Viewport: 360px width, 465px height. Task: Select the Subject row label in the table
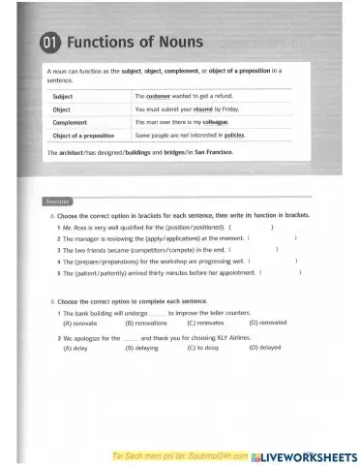tap(63, 98)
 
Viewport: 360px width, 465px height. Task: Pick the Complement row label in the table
tap(70, 123)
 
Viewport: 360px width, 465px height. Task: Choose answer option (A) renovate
tap(80, 323)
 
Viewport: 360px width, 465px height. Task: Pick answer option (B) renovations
tap(147, 323)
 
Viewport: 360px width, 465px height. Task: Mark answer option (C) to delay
tap(203, 347)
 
